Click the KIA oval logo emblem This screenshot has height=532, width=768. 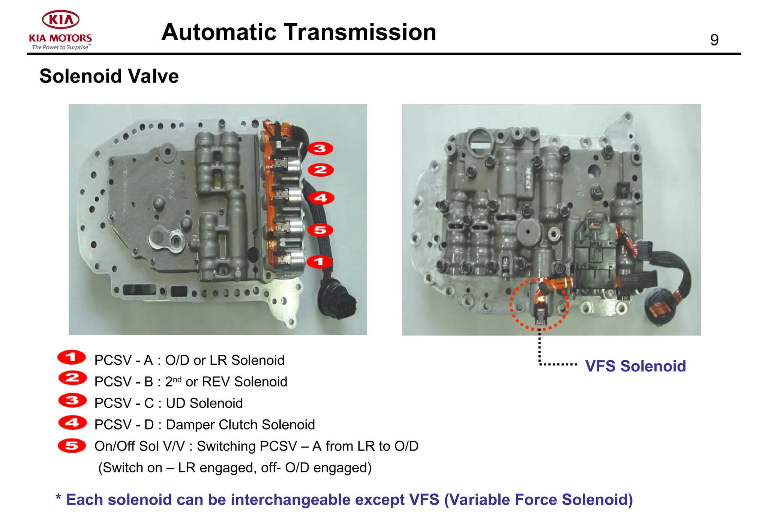tap(60, 19)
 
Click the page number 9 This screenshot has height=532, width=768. tap(714, 40)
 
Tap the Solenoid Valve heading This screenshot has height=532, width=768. tap(109, 76)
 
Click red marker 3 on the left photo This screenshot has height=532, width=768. tap(320, 149)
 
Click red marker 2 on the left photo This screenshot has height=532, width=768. tap(320, 170)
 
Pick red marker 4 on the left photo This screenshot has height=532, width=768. tap(321, 198)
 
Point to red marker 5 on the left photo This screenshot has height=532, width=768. tap(320, 230)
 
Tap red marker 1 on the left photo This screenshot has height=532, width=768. tap(319, 261)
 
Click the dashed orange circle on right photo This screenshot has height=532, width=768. tap(539, 304)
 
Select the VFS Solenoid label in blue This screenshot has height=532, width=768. tap(635, 366)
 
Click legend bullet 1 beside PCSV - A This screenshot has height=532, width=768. tap(71, 357)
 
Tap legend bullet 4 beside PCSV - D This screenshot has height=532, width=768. tap(72, 423)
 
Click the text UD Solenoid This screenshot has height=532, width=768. tap(204, 403)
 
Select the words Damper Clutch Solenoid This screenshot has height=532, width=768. tap(240, 425)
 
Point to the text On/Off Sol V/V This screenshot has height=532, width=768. tap(139, 446)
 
